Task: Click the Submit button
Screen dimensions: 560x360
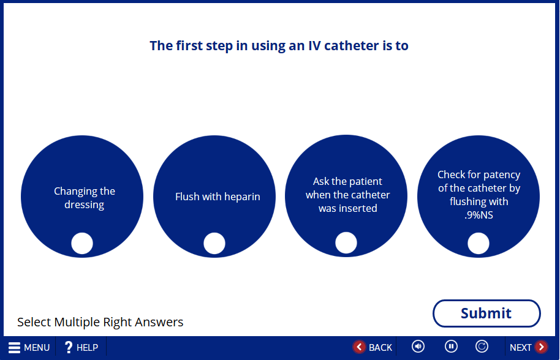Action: pos(486,313)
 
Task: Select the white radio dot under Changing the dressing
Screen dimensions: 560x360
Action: pos(82,243)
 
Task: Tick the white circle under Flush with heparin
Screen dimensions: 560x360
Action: pos(214,243)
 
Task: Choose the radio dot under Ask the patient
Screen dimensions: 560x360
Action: pos(346,242)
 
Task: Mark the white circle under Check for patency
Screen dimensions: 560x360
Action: pos(479,243)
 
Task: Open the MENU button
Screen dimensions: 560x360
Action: pos(29,347)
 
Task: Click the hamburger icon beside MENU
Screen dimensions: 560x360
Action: pos(14,347)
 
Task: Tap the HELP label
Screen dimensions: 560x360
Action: pos(87,348)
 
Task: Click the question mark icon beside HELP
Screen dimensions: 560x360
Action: pos(68,347)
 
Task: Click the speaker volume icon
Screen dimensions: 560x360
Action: pos(418,346)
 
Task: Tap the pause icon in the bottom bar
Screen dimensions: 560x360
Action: pos(451,346)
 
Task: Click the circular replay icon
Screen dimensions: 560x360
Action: pos(482,346)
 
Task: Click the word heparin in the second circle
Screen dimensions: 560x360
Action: pos(242,197)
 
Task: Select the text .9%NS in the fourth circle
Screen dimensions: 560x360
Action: pos(479,215)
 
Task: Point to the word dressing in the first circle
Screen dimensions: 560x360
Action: pos(85,205)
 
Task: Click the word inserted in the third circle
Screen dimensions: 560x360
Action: pos(360,208)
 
